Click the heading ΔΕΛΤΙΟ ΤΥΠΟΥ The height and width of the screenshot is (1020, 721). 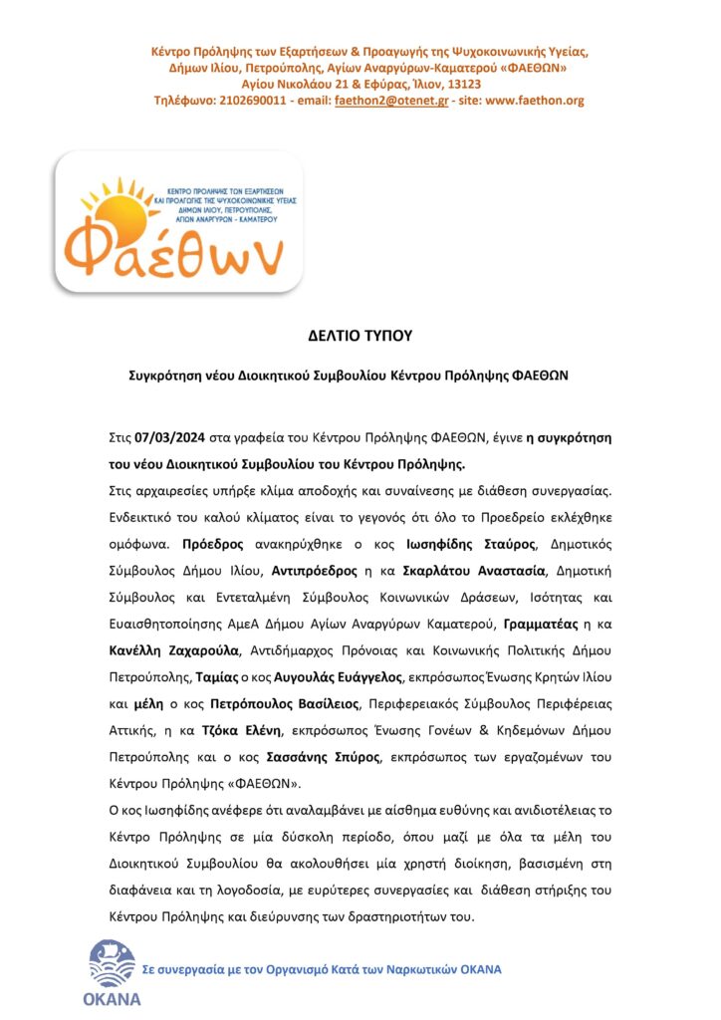(360, 338)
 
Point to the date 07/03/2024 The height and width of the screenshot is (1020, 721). (171, 438)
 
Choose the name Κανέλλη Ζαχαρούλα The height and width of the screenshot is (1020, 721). (174, 646)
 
